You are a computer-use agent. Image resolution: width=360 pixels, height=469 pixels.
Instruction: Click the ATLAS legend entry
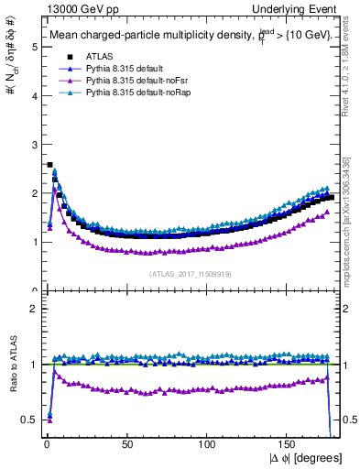coord(98,58)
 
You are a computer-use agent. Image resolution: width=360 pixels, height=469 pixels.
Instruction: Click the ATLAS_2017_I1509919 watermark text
coord(189,273)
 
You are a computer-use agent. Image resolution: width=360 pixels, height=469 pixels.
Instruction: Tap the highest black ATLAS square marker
coord(49,165)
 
